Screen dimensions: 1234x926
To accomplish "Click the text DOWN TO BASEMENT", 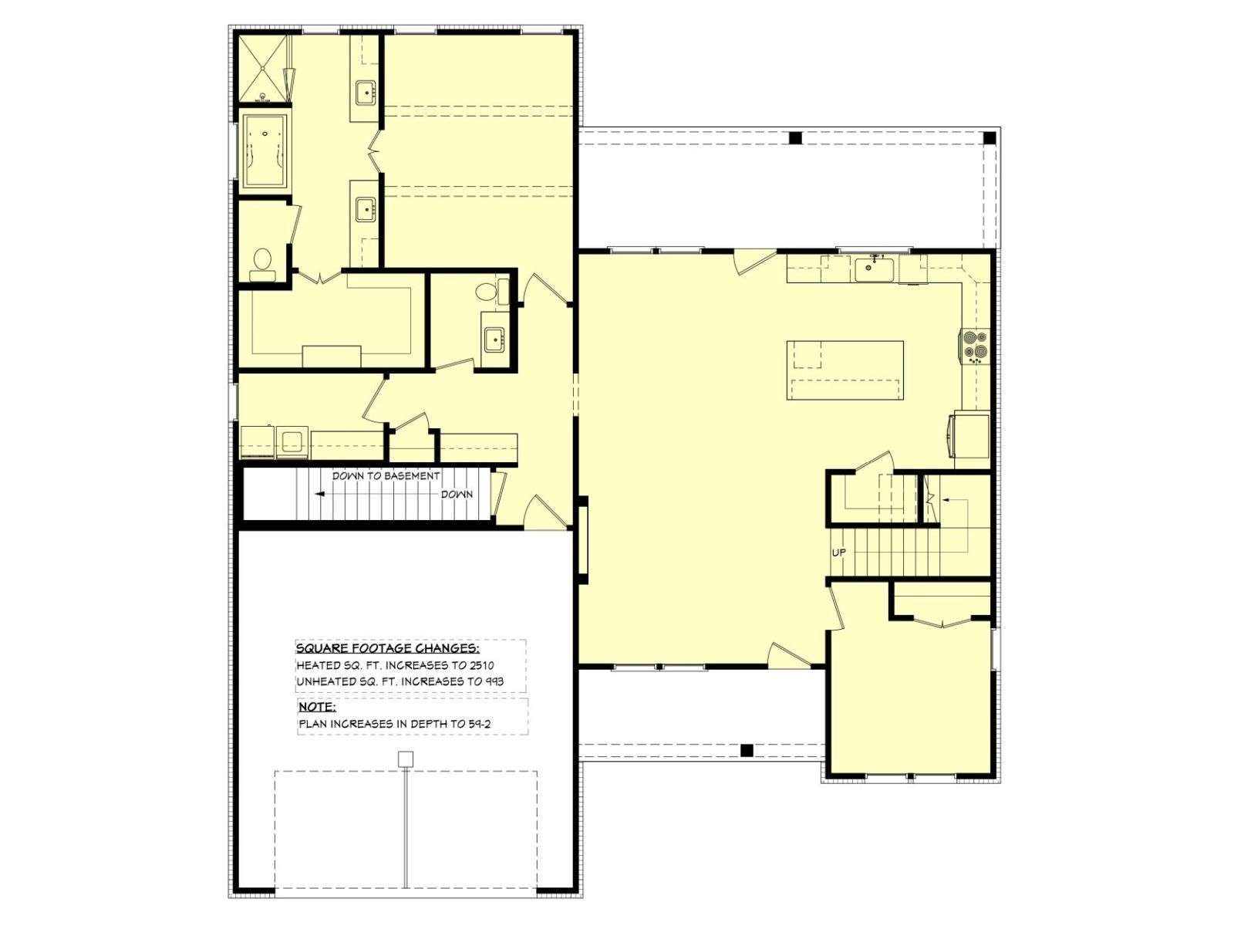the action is [386, 475].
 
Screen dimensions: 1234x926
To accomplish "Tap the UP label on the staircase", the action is [838, 553].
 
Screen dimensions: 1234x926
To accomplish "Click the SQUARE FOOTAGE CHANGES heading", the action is [388, 648].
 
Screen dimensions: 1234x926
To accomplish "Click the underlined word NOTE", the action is [316, 707].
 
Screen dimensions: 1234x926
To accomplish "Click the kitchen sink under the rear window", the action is [874, 269].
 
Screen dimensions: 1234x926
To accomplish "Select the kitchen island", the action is [845, 370].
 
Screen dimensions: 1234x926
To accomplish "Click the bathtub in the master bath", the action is [265, 151].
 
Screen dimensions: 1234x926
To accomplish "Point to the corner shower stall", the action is [261, 69].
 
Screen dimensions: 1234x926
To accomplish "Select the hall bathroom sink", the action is [494, 340].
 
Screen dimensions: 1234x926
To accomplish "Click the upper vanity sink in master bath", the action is [366, 92].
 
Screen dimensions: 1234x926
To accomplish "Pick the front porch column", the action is [747, 749].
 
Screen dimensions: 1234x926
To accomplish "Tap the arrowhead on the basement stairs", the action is [320, 494].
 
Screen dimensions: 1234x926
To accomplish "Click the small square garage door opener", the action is [406, 759].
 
